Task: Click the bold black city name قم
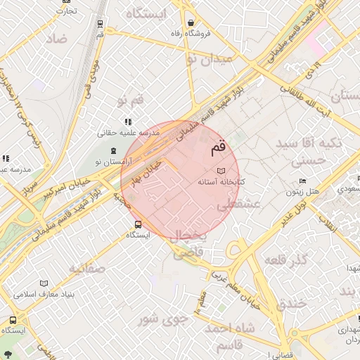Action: (219, 148)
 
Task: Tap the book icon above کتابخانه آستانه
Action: (221, 171)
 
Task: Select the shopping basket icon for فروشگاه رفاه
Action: (191, 22)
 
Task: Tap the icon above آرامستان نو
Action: (113, 150)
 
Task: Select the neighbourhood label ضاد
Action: (57, 39)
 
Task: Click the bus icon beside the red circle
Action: (138, 225)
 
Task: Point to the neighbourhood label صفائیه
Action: (87, 268)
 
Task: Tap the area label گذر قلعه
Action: (286, 260)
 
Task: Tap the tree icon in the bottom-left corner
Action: (7, 353)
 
